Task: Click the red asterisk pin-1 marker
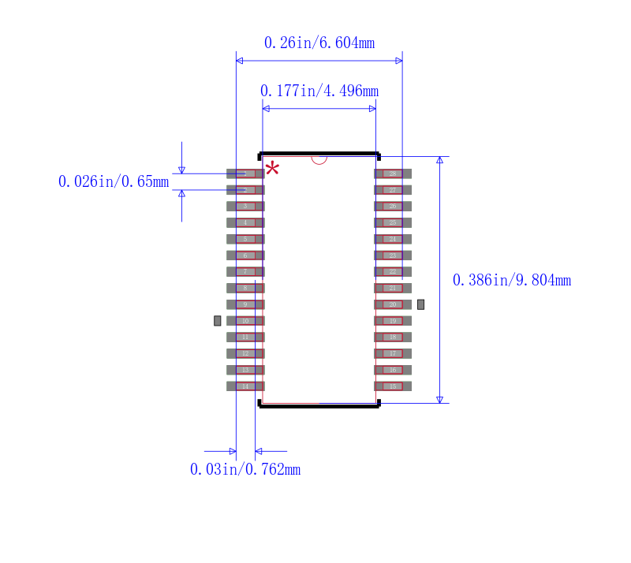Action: (x=272, y=168)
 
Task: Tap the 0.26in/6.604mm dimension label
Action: (x=319, y=43)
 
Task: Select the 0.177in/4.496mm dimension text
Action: (x=319, y=91)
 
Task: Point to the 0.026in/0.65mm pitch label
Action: (x=114, y=181)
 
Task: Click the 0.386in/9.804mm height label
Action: (x=511, y=280)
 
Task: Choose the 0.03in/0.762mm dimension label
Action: (x=245, y=469)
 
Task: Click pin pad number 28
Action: (x=392, y=173)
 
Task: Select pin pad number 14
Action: (x=245, y=386)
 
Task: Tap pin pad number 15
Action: (x=392, y=386)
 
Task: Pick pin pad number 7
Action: (x=245, y=271)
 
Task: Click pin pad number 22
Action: (x=392, y=271)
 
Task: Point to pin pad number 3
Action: (x=245, y=206)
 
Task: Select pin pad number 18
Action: (x=392, y=337)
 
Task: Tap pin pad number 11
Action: (x=245, y=337)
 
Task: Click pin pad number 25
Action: (x=392, y=222)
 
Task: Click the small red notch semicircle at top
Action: (x=319, y=159)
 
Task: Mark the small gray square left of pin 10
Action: (x=218, y=320)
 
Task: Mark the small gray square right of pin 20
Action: (x=421, y=304)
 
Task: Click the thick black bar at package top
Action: (x=319, y=154)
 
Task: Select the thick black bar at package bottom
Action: (x=319, y=406)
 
